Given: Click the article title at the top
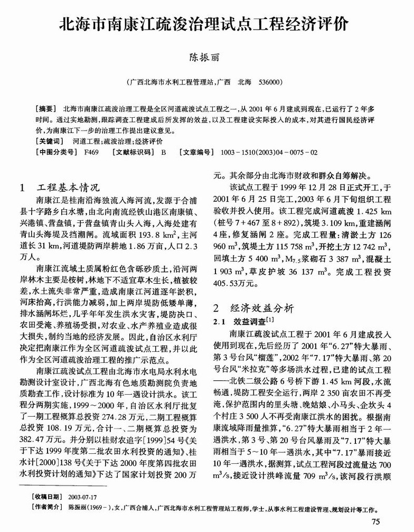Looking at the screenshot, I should coord(206,24).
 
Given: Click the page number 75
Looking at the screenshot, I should coord(376,522).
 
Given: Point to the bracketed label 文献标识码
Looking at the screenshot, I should coord(130,152).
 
